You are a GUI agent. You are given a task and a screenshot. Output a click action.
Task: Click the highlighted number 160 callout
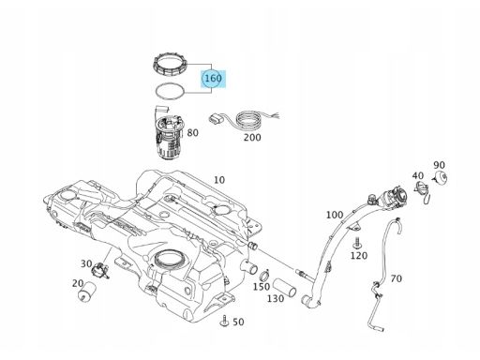pyautogui.click(x=213, y=78)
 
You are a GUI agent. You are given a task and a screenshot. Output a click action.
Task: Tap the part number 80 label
pyautogui.click(x=192, y=133)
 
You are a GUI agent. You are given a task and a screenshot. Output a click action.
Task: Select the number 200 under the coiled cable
pyautogui.click(x=252, y=138)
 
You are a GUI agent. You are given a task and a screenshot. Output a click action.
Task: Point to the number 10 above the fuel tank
pyautogui.click(x=219, y=180)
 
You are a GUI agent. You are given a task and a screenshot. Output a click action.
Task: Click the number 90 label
pyautogui.click(x=439, y=165)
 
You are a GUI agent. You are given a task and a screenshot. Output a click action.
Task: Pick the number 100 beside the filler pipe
pyautogui.click(x=335, y=215)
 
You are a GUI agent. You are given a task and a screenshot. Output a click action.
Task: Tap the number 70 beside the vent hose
pyautogui.click(x=397, y=278)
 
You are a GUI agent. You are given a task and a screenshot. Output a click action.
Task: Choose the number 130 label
pyautogui.click(x=276, y=299)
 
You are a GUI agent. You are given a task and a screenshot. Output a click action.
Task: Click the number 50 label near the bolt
pyautogui.click(x=238, y=322)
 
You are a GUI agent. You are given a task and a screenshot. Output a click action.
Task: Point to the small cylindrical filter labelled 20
pyautogui.click(x=86, y=292)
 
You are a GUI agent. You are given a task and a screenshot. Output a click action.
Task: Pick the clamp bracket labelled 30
pyautogui.click(x=99, y=270)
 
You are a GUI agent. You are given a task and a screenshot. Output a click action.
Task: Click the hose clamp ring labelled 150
pyautogui.click(x=264, y=277)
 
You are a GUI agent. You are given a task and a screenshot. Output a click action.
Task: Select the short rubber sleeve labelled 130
pyautogui.click(x=284, y=288)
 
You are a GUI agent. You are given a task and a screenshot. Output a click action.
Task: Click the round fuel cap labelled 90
pyautogui.click(x=442, y=178)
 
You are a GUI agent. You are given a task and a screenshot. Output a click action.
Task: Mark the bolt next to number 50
pyautogui.click(x=224, y=322)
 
